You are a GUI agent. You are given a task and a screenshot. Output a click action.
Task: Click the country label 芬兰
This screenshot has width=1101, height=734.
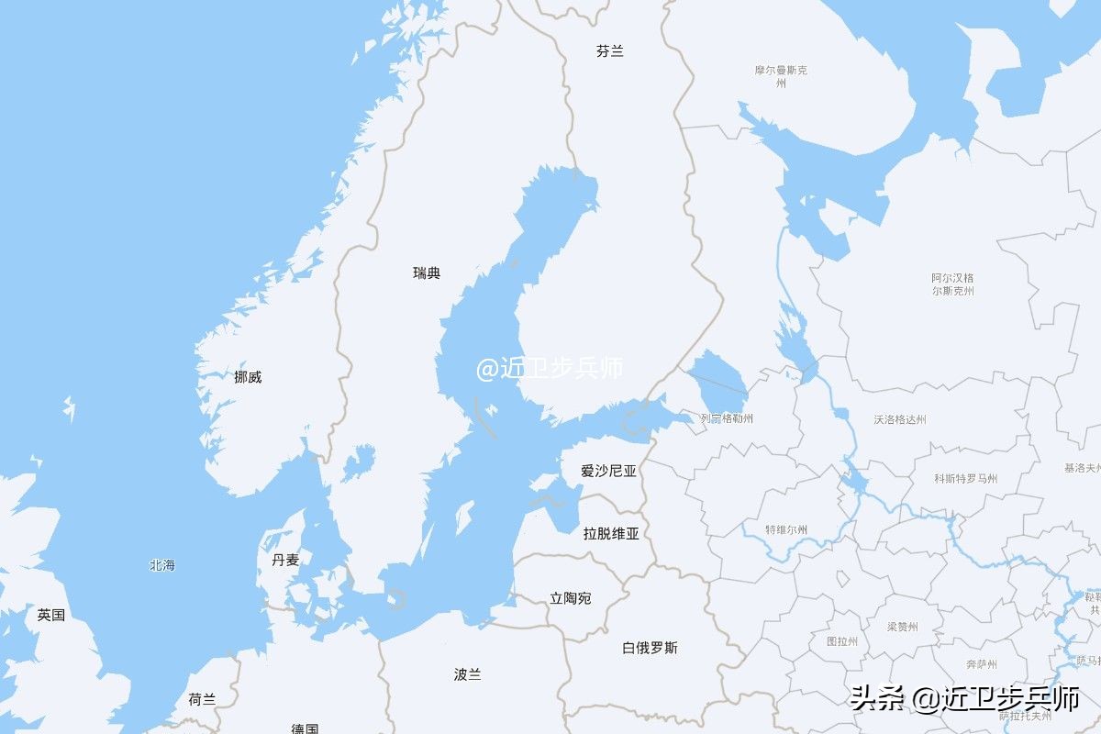[x=609, y=51]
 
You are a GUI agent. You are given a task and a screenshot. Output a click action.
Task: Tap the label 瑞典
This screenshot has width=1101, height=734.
[x=427, y=272]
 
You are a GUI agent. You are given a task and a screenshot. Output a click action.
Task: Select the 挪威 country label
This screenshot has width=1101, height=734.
[x=248, y=376]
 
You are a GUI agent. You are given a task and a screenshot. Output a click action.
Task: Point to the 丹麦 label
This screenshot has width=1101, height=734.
[x=285, y=560]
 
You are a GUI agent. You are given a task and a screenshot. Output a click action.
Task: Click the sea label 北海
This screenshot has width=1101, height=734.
[x=162, y=565]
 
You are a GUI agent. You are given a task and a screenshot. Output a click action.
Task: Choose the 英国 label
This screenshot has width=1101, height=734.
[x=51, y=615]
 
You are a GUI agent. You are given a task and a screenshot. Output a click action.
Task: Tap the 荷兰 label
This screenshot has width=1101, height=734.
[x=202, y=699]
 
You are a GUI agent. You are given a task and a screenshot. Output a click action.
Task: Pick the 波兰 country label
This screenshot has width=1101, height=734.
[x=467, y=674]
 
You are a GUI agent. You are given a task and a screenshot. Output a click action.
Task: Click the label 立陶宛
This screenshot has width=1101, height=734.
[x=571, y=598]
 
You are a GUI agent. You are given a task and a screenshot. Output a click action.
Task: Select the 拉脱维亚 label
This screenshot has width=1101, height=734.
[x=611, y=533]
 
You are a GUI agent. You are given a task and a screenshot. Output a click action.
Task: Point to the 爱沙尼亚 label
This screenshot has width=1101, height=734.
[x=608, y=471]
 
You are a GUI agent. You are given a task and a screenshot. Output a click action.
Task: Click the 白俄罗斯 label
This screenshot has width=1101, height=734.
[x=650, y=648]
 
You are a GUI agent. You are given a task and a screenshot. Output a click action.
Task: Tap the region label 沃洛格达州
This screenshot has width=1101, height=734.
[x=900, y=419]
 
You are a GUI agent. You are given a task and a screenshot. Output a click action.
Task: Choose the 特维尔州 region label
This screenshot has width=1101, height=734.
[x=787, y=529]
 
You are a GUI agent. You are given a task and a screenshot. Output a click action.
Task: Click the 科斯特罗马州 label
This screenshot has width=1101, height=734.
[x=966, y=478]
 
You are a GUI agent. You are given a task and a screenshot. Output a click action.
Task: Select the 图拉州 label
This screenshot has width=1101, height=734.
[x=842, y=641]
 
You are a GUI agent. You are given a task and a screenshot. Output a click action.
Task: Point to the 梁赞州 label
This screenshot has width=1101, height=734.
[x=902, y=627]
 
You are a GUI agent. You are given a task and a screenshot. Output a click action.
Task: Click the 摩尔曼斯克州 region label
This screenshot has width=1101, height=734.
[x=781, y=76]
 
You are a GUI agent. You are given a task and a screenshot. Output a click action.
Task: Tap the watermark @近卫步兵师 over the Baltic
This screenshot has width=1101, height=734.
[x=550, y=369]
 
